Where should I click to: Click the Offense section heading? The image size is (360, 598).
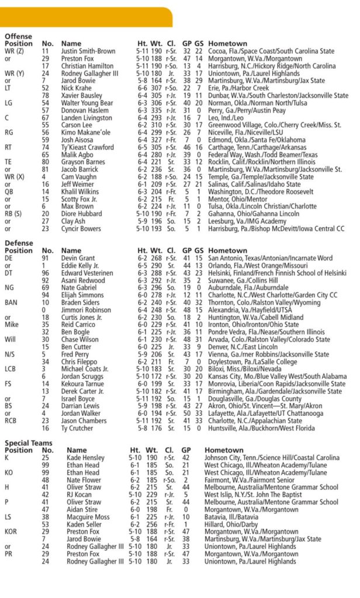[x=19, y=36]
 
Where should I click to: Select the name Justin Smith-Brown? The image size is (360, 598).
[x=88, y=51]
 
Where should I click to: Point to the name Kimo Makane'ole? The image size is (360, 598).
[x=86, y=133]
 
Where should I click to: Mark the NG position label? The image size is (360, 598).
[x=10, y=288]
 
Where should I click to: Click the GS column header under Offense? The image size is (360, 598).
[x=199, y=44]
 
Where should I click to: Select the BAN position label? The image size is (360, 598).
[x=11, y=303]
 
